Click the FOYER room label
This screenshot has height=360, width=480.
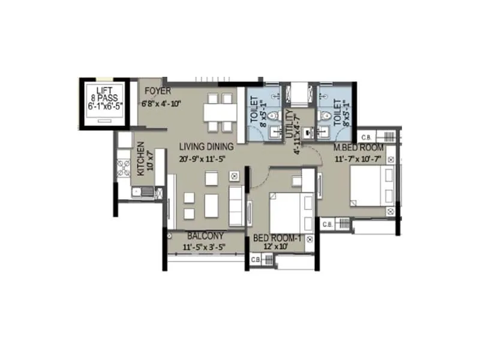158,91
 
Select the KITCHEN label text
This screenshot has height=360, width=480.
140,158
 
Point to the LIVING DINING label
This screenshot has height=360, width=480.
206,146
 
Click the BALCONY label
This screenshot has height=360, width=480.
205,236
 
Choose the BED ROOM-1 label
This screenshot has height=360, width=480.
278,238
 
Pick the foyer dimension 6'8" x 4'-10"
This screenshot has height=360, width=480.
161,103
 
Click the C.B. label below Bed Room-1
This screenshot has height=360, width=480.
255,259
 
